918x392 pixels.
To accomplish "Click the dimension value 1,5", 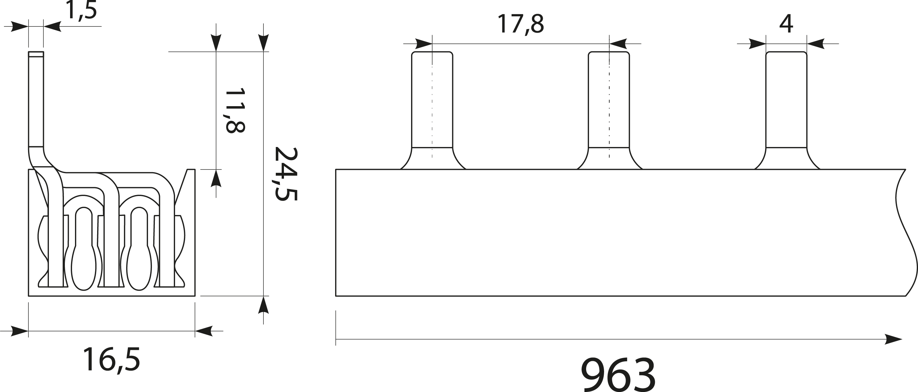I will [81, 11].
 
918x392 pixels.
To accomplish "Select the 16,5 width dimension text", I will [111, 360].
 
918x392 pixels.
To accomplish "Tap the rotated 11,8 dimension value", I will [235, 110].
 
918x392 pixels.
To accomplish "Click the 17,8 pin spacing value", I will [520, 24].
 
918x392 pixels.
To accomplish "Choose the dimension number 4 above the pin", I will [786, 24].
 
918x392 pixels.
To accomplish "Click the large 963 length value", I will [618, 375].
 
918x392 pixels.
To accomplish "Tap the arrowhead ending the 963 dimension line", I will [895, 339].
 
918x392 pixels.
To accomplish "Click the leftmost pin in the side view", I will [432, 104].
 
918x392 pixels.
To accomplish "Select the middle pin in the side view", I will [609, 104].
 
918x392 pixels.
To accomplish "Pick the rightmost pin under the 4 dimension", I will [786, 104].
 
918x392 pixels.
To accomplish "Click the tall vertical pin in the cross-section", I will [36, 100].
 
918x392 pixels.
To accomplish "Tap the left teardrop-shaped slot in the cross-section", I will [84, 250].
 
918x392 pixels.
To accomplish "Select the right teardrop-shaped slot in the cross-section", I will [139, 250].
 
